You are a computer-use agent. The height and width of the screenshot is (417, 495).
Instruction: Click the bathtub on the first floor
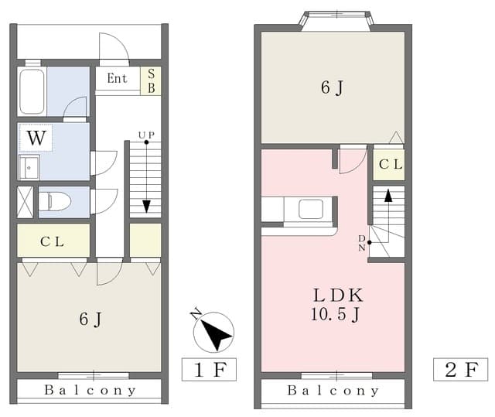(32, 91)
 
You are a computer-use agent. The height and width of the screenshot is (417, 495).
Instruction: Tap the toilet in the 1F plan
(55, 202)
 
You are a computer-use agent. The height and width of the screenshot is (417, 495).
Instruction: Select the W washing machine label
(36, 138)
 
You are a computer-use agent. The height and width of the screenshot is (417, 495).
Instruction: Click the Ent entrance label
(117, 78)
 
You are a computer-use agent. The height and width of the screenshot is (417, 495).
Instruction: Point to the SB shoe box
(151, 80)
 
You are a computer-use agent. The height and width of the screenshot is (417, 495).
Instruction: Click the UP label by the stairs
(146, 135)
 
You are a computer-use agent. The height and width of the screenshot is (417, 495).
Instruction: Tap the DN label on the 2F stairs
(362, 243)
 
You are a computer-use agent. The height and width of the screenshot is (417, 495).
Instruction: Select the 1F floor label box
(209, 369)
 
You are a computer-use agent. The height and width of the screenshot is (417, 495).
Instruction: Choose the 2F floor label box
(461, 369)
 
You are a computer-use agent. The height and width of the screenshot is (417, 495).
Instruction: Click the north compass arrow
(213, 331)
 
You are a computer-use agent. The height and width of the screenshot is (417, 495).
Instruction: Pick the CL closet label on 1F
(53, 242)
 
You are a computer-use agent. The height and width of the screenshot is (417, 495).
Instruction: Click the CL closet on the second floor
(388, 165)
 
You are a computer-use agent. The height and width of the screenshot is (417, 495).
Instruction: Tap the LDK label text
(338, 296)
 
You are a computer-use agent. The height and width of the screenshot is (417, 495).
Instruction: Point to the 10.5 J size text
(335, 314)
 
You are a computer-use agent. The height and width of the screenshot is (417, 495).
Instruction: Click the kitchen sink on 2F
(311, 209)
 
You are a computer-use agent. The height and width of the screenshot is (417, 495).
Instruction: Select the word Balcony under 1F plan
(90, 391)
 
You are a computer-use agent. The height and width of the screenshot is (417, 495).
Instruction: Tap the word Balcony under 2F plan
(333, 391)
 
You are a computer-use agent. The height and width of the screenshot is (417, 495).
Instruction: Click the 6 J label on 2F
(332, 87)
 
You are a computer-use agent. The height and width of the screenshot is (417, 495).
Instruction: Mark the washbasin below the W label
(29, 168)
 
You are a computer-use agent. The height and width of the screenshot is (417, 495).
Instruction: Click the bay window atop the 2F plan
(336, 21)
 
